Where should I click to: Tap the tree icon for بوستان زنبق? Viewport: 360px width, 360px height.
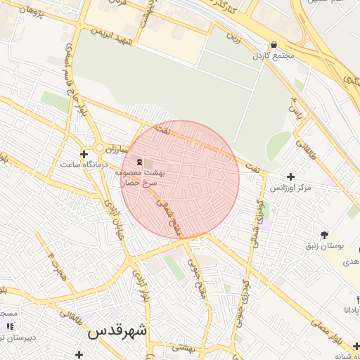(x=323, y=235)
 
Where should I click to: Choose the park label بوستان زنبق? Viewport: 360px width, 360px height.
(x=323, y=246)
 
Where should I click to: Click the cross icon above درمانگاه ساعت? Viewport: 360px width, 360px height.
(x=84, y=153)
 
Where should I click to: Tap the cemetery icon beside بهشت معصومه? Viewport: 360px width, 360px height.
(x=139, y=162)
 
